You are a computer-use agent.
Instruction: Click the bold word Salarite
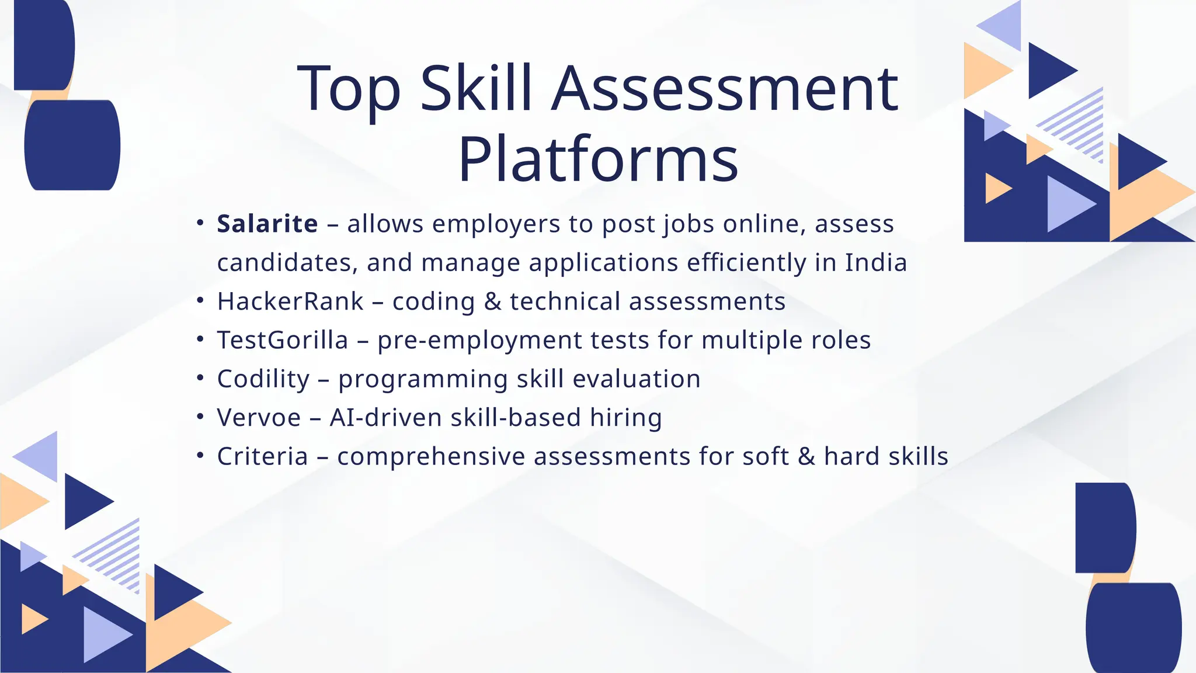pyautogui.click(x=267, y=224)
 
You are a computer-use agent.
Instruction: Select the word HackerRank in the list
pyautogui.click(x=290, y=301)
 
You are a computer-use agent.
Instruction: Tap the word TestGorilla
pyautogui.click(x=283, y=340)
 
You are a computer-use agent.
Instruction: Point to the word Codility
pyautogui.click(x=263, y=379)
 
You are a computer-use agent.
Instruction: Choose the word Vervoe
pyautogui.click(x=259, y=418)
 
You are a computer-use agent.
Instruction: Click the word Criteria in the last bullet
pyautogui.click(x=262, y=456)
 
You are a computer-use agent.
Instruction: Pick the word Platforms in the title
pyautogui.click(x=598, y=159)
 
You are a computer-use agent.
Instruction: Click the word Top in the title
pyautogui.click(x=349, y=88)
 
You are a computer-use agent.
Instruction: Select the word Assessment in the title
pyautogui.click(x=724, y=88)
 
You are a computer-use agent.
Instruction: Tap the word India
pyautogui.click(x=876, y=262)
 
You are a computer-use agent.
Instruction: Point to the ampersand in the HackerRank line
pyautogui.click(x=493, y=301)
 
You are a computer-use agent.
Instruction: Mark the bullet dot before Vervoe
pyautogui.click(x=200, y=417)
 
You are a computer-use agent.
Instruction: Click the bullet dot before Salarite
pyautogui.click(x=200, y=223)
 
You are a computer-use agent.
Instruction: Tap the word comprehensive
pyautogui.click(x=431, y=456)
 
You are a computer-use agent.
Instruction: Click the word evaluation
pyautogui.click(x=636, y=379)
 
